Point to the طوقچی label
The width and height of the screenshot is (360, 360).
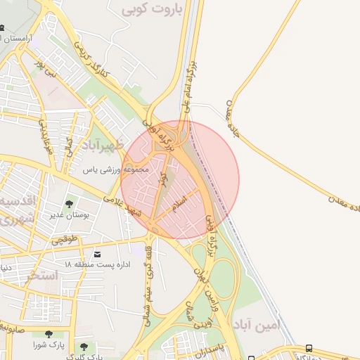point(65,240)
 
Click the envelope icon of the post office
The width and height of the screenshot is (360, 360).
point(96,253)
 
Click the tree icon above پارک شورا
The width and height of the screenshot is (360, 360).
point(48,335)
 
